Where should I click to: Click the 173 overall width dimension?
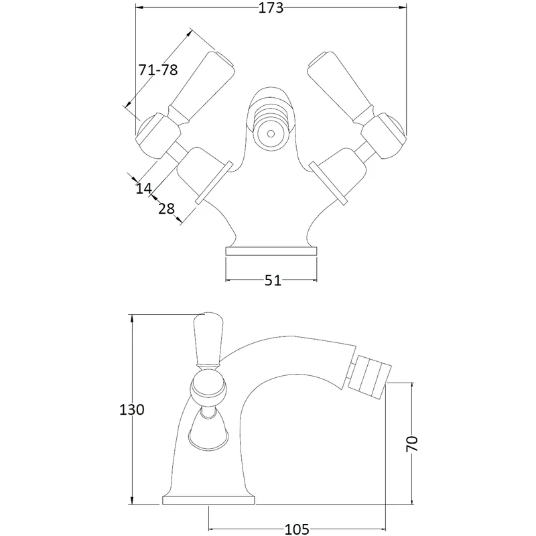(x=271, y=9)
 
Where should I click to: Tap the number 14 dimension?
(x=143, y=188)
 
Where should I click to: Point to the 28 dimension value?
(x=167, y=208)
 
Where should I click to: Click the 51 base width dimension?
(x=272, y=281)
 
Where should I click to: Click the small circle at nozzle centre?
(x=271, y=133)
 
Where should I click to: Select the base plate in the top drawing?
(x=271, y=251)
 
